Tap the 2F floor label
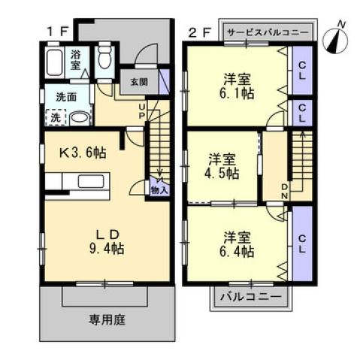tap(198, 32)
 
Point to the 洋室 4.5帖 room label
tap(224, 166)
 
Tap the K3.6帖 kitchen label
tap(83, 153)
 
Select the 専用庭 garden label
tap(107, 319)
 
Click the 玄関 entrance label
tap(138, 82)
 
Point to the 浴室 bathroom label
tap(77, 60)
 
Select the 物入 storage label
tap(159, 189)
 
